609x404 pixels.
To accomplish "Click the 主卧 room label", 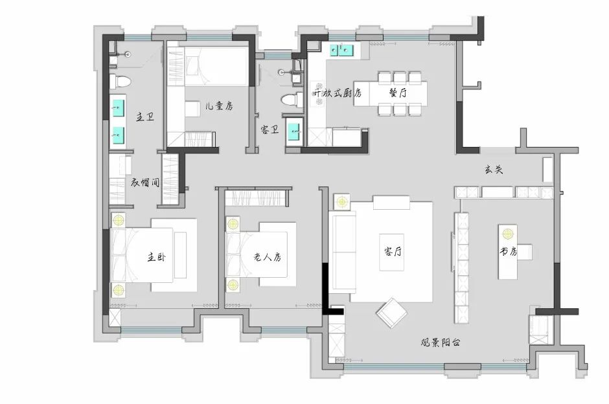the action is pyautogui.click(x=157, y=256).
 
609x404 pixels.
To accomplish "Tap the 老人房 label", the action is pyautogui.click(x=267, y=256).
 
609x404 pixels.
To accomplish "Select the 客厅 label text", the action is pyautogui.click(x=393, y=251).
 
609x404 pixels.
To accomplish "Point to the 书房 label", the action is pyautogui.click(x=508, y=251).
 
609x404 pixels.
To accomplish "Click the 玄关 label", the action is pyautogui.click(x=494, y=169).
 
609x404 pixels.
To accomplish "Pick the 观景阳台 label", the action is pyautogui.click(x=441, y=342).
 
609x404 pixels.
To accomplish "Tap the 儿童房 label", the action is pyautogui.click(x=219, y=106).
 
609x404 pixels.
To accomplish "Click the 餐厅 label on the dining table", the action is pyautogui.click(x=398, y=93).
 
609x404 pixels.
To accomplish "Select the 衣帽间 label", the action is pyautogui.click(x=145, y=182).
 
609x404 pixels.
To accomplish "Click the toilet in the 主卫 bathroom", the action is pyautogui.click(x=120, y=82).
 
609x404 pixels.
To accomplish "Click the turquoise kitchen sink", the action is pyautogui.click(x=341, y=50).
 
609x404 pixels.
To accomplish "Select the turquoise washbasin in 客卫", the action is pyautogui.click(x=294, y=131).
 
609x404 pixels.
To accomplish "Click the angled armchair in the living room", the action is pyautogui.click(x=391, y=313).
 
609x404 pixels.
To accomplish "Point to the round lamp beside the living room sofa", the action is pyautogui.click(x=342, y=202).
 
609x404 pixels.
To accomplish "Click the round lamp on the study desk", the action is pyautogui.click(x=508, y=234).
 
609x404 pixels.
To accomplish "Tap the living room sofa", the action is pyautogui.click(x=342, y=252).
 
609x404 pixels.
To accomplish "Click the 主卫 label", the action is pyautogui.click(x=145, y=117).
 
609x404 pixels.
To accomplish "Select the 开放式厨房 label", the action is pyautogui.click(x=337, y=93).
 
